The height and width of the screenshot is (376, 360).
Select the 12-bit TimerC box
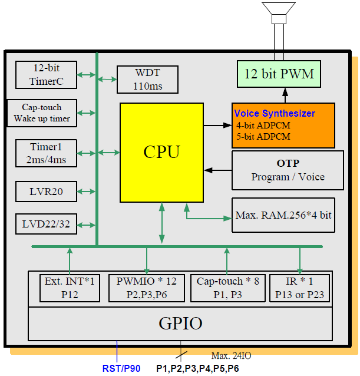click(47, 75)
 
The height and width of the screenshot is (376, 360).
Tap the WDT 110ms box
click(147, 80)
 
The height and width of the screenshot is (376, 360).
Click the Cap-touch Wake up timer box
click(42, 113)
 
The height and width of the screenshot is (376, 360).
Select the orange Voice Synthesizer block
click(283, 126)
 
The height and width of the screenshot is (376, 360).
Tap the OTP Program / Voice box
click(288, 170)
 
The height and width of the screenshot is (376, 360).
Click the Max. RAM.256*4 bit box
click(283, 215)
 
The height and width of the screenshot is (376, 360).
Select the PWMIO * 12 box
click(147, 288)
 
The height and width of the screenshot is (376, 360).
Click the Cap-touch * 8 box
click(227, 288)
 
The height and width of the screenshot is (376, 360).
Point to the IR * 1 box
click(300, 288)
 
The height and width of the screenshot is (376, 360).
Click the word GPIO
click(180, 323)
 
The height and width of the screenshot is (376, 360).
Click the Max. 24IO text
click(232, 355)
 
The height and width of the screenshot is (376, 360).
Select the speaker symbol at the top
click(279, 12)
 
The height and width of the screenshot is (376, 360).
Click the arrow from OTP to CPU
click(217, 170)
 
